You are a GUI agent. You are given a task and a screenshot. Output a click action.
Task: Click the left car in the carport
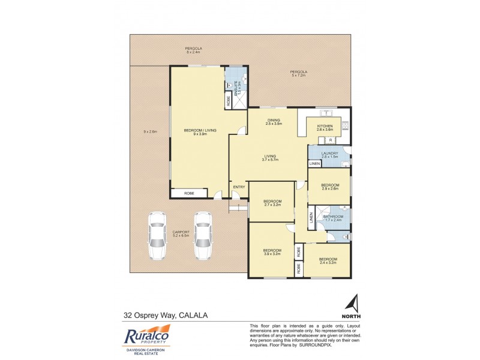[x=157, y=237]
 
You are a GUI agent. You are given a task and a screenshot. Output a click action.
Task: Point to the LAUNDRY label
[x=330, y=154]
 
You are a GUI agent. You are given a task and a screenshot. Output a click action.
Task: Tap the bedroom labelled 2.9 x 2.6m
[x=329, y=187]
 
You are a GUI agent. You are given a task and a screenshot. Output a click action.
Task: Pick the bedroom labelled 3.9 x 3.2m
[x=272, y=251]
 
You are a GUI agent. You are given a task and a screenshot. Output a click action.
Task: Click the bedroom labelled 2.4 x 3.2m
[x=328, y=260]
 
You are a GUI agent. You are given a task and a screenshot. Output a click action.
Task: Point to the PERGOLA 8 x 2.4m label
[x=193, y=50]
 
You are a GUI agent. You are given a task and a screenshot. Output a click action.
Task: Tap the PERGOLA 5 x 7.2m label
[x=298, y=74]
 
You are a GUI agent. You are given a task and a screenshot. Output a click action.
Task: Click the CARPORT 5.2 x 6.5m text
[x=181, y=233]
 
